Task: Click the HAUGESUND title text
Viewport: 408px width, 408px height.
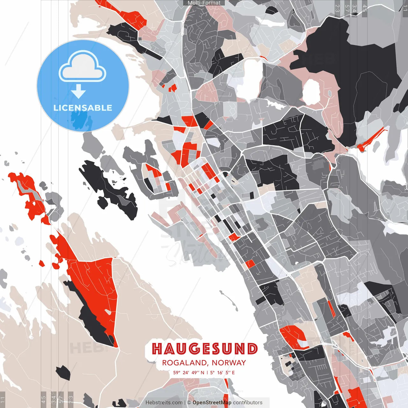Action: pyautogui.click(x=205, y=349)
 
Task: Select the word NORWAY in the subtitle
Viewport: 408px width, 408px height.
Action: pyautogui.click(x=229, y=363)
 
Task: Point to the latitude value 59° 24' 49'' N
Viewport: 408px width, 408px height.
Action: pyautogui.click(x=189, y=372)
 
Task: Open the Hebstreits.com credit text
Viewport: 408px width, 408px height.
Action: pyautogui.click(x=164, y=403)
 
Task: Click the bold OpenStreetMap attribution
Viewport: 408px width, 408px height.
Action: pyautogui.click(x=212, y=403)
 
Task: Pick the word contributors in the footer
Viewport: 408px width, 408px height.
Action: pyautogui.click(x=248, y=403)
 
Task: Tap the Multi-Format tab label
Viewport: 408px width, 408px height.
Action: pyautogui.click(x=204, y=3)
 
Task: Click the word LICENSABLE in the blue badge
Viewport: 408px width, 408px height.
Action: pyautogui.click(x=83, y=108)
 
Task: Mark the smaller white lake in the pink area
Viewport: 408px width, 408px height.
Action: pyautogui.click(x=311, y=92)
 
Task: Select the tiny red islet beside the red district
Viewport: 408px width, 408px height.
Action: pyautogui.click(x=41, y=263)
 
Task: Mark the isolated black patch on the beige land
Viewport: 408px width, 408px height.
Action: pyautogui.click(x=63, y=372)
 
